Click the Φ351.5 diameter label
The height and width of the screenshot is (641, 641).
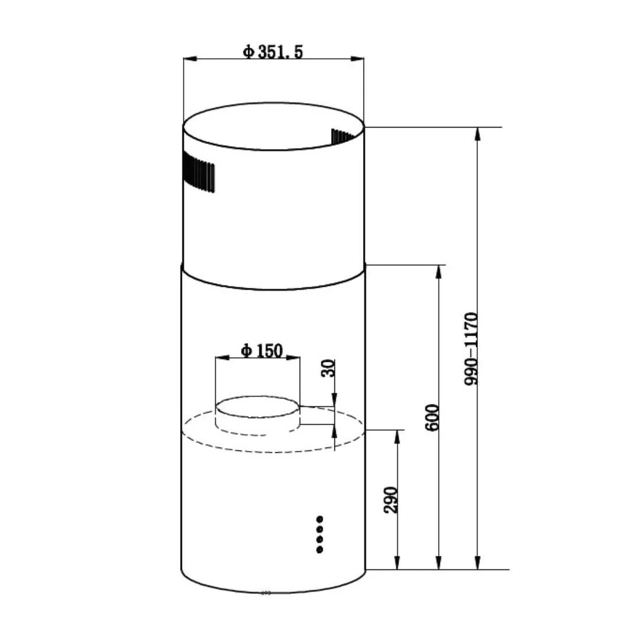pos(273,52)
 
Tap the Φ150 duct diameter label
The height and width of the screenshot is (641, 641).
pos(262,351)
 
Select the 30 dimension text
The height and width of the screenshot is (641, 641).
pos(329,368)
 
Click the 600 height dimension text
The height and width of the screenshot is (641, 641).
pos(432,417)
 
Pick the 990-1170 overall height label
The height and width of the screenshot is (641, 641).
pos(471,348)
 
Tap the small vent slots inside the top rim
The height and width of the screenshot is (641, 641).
pos(341,136)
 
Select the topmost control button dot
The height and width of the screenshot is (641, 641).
pos(319,518)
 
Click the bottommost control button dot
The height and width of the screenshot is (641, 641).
pos(319,550)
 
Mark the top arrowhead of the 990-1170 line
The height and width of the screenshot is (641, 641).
pos(478,133)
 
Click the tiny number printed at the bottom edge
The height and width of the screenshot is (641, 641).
pos(266,593)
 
